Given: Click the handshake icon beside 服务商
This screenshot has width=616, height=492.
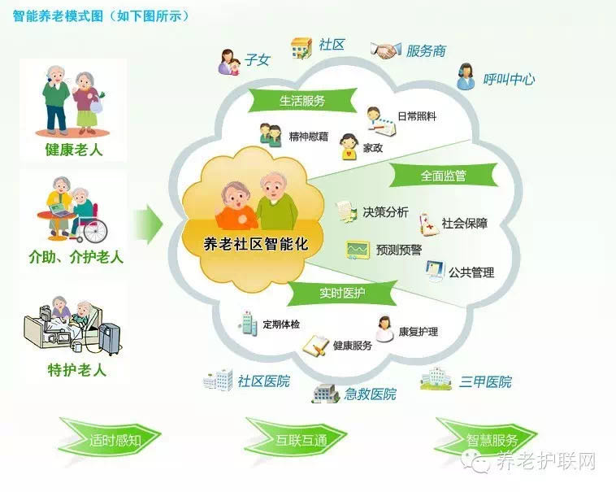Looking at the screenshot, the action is [386, 50].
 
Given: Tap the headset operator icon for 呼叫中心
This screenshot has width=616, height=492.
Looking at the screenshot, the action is [466, 76].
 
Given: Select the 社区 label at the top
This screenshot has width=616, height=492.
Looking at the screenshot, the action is [332, 45].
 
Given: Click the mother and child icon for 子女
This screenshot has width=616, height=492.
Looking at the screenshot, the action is [229, 62].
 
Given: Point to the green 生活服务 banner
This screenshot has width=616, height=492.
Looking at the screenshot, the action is [302, 101].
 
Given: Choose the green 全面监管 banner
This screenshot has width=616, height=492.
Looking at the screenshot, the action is [444, 176].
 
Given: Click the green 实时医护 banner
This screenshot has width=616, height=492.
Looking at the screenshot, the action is [342, 293].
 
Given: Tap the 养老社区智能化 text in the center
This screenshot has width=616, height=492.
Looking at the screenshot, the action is [256, 244].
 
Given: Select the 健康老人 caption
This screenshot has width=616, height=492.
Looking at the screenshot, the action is [74, 150].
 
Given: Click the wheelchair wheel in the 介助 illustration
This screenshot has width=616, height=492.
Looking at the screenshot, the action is [95, 231].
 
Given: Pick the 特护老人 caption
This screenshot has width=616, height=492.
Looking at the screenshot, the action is [77, 370].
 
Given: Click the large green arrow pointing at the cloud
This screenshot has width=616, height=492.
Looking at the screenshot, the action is [149, 224].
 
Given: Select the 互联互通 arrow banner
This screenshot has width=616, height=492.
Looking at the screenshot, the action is [296, 438].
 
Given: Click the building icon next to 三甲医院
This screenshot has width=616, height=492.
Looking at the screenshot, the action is [436, 379].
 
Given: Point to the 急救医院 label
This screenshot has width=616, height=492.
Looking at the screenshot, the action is [371, 394].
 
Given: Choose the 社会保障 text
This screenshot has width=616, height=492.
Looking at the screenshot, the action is [465, 224].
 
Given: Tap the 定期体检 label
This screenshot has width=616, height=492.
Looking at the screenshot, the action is [281, 324].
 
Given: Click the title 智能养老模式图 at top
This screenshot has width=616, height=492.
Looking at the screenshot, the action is [58, 16].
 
